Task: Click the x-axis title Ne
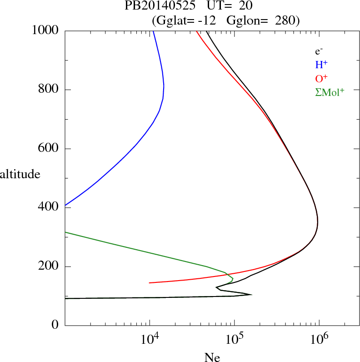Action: (211, 357)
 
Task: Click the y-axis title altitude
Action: (20, 174)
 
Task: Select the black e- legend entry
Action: (319, 51)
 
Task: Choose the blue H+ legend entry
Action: (321, 65)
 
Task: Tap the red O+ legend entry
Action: (321, 78)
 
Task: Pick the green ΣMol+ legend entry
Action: (330, 92)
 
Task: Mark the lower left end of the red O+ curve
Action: (150, 283)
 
